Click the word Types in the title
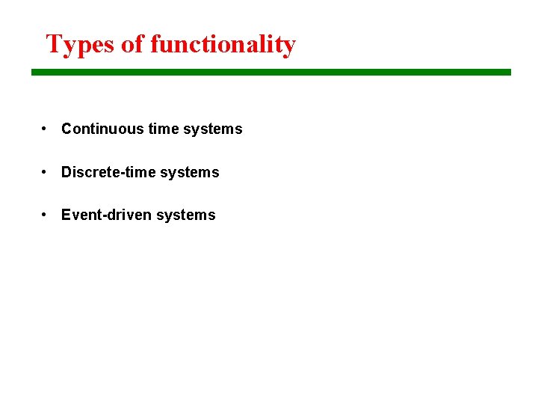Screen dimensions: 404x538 pos(80,45)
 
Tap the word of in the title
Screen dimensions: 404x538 pos(132,45)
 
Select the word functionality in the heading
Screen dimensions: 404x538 pos(223,45)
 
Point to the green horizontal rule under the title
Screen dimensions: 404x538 pos(270,73)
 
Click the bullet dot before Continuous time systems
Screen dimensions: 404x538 pos(46,129)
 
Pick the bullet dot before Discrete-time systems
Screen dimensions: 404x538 pos(46,172)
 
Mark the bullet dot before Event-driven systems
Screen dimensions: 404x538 pos(46,215)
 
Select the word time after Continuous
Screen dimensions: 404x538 pos(164,129)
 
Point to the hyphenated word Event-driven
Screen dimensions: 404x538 pos(109,215)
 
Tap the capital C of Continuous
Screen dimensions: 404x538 pos(67,129)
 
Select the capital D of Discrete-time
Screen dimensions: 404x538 pos(67,172)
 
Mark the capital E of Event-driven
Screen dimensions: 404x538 pos(66,215)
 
